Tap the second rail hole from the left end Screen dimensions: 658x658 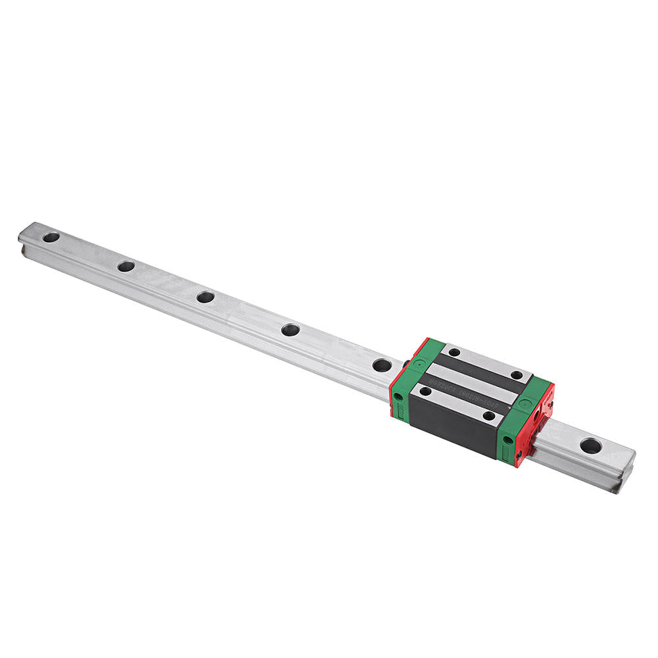(x=126, y=266)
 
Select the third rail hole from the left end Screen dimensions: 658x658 (x=205, y=297)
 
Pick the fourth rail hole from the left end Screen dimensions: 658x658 (x=290, y=330)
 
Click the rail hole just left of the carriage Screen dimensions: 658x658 (x=381, y=364)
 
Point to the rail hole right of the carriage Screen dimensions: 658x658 (x=590, y=445)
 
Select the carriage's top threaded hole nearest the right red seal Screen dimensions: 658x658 (x=517, y=375)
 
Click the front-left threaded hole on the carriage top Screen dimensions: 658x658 (x=426, y=391)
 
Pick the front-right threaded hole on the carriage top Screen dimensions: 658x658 (x=488, y=415)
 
